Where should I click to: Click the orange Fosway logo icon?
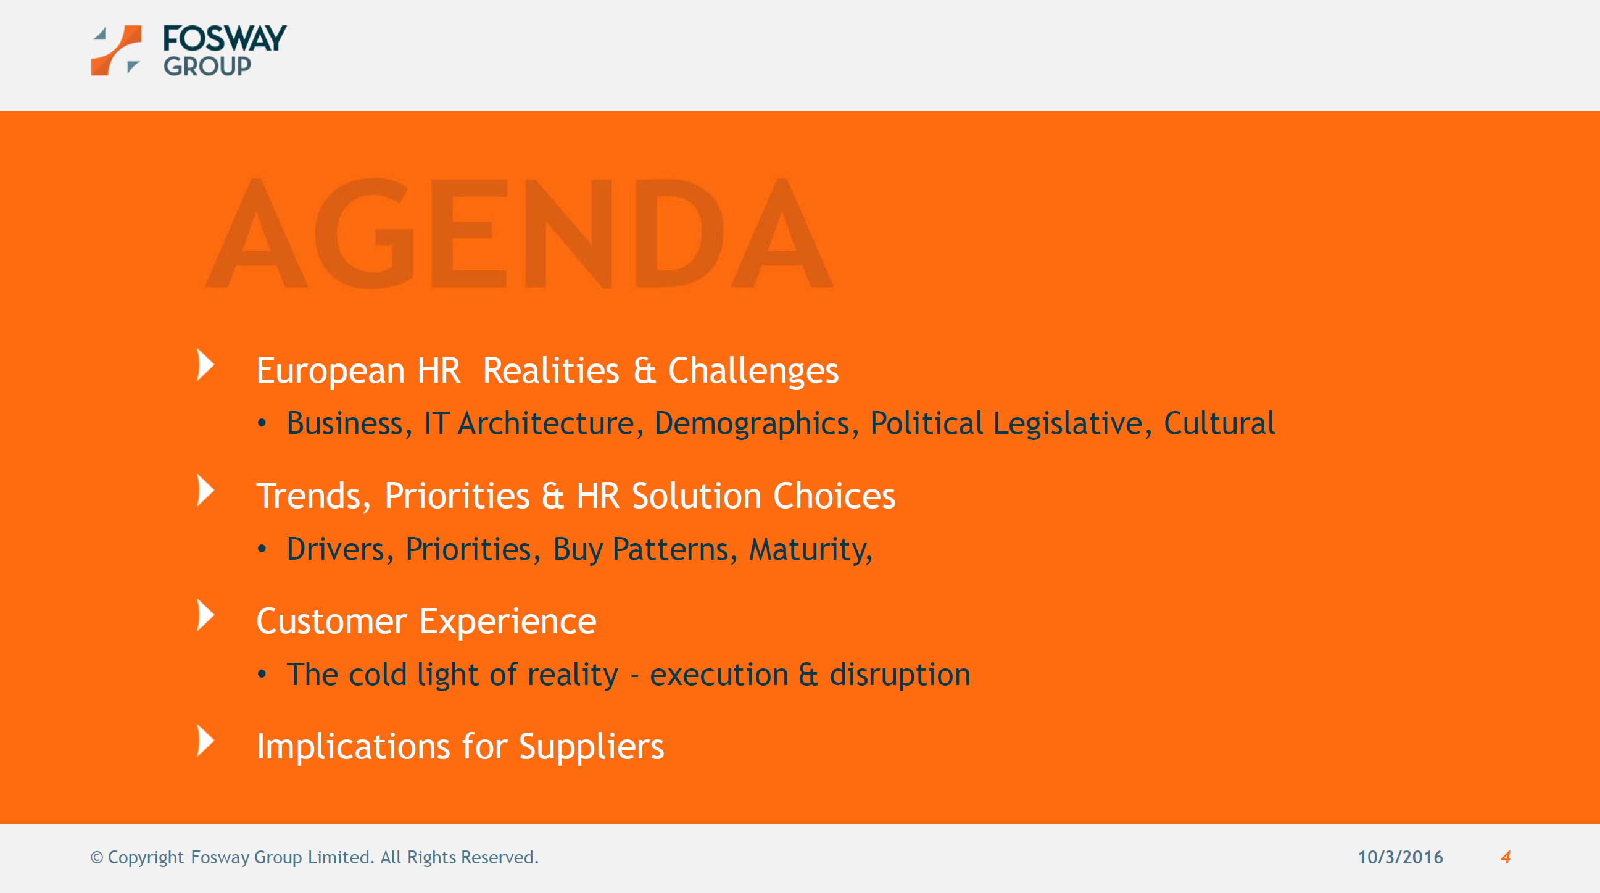[x=116, y=51]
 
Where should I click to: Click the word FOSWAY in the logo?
[x=225, y=38]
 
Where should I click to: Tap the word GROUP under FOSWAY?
[x=207, y=66]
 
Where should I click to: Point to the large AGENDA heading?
[x=519, y=233]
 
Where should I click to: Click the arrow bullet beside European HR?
[x=205, y=365]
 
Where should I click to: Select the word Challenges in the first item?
[x=753, y=372]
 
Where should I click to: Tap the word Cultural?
[x=1219, y=423]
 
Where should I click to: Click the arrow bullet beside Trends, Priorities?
[x=205, y=490]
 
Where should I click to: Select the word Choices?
[x=834, y=496]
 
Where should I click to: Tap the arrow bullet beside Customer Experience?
[x=205, y=615]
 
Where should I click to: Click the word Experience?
[x=507, y=622]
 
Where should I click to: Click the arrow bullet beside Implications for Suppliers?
[x=205, y=740]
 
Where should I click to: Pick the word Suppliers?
[x=591, y=748]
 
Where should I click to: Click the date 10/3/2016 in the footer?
[x=1400, y=857]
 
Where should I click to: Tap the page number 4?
[x=1506, y=857]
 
